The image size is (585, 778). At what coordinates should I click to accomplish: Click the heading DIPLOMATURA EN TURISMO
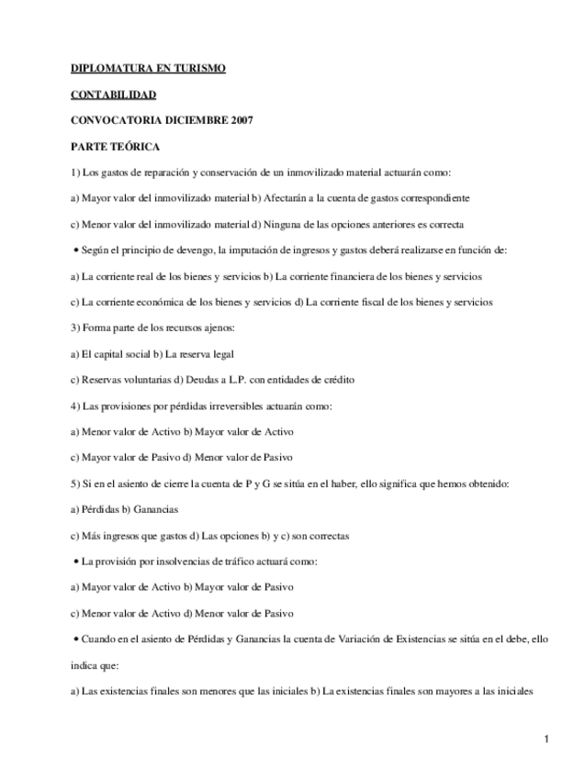(148, 69)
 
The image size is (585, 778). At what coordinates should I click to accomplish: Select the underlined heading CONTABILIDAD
(114, 94)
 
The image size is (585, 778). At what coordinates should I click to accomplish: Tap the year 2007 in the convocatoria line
(241, 120)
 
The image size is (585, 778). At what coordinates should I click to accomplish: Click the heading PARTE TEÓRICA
(116, 146)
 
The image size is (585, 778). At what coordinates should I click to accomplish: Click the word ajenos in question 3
(218, 328)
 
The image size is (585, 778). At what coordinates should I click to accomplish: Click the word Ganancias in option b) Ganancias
(156, 509)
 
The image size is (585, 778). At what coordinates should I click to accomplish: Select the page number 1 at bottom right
(546, 739)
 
